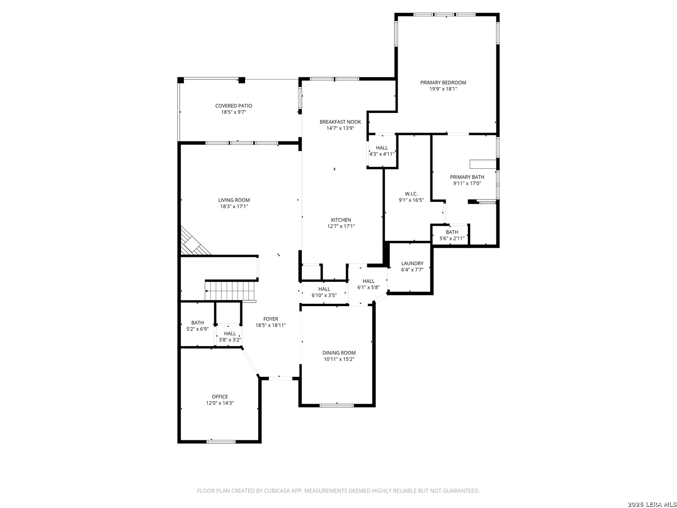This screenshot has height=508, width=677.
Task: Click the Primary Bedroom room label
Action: point(443,82)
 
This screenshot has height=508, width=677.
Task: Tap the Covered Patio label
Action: point(234,106)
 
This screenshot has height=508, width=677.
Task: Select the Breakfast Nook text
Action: point(340,122)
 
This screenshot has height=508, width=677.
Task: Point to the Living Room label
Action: point(234,200)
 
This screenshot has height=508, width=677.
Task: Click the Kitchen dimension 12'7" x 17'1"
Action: point(341,226)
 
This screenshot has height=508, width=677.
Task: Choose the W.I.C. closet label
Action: point(411,194)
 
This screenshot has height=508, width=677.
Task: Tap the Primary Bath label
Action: point(467,177)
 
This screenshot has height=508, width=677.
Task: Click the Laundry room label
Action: point(412,263)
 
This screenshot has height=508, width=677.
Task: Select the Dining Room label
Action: point(339,353)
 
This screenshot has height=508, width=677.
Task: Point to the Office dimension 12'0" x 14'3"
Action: point(220,403)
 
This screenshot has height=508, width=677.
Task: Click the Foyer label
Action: point(270,319)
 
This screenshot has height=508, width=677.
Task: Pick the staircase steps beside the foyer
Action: point(231,291)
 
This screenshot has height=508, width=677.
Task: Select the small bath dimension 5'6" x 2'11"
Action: point(452,238)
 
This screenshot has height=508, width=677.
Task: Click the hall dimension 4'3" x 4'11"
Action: point(382,154)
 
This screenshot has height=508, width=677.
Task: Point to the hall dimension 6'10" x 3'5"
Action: point(324,295)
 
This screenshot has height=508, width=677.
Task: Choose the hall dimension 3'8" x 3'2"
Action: point(230,340)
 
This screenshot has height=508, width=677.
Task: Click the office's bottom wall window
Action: point(221,442)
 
